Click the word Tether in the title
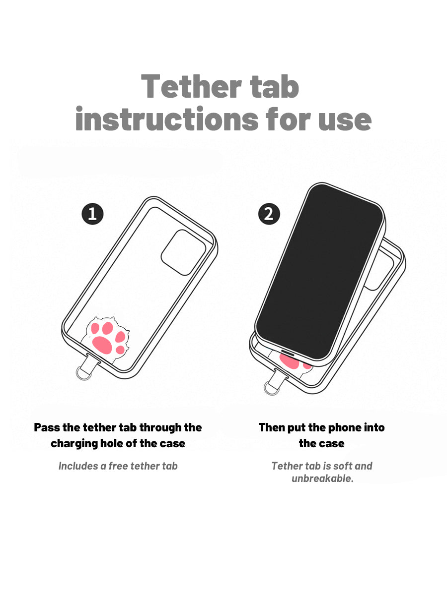click(191, 86)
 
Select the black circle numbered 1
click(92, 214)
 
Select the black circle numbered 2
click(269, 214)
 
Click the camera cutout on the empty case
click(183, 253)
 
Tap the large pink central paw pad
click(102, 345)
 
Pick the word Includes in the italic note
click(78, 466)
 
